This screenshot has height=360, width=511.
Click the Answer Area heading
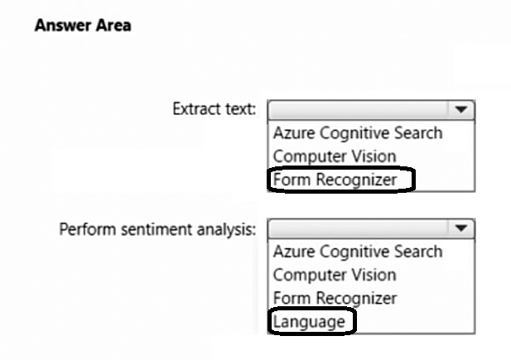[x=83, y=26]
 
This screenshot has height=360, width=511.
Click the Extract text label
[x=215, y=108]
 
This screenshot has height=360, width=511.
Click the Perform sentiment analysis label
[x=157, y=230]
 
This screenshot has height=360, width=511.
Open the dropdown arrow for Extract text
[x=460, y=109]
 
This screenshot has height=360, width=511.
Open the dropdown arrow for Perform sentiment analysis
[x=460, y=228]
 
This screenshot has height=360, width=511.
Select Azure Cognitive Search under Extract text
[x=358, y=133]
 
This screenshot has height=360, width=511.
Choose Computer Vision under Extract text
[x=335, y=156]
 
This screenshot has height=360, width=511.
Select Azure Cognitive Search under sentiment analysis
[x=358, y=252]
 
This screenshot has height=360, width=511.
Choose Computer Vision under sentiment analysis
[x=335, y=275]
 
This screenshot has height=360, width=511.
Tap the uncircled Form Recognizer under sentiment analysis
[x=335, y=298]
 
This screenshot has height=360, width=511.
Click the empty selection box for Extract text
[x=358, y=110]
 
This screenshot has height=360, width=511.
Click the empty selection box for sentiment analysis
[x=358, y=228]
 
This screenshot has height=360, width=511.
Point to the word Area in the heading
[x=113, y=26]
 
